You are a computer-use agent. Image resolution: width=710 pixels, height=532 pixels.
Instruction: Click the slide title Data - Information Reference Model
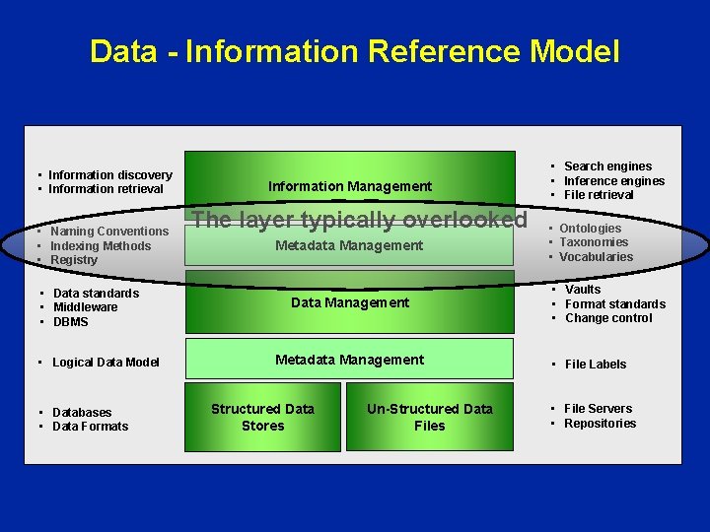pos(355,51)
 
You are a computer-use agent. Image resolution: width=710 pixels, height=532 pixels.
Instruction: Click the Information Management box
pos(350,186)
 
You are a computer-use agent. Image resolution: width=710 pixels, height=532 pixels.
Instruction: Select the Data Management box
pos(350,302)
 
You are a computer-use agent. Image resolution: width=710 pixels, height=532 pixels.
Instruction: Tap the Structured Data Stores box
pos(262,418)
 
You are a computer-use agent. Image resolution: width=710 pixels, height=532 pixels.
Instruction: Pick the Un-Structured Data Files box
pos(430,418)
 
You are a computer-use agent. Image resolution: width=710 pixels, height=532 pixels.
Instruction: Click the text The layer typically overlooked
pos(361,220)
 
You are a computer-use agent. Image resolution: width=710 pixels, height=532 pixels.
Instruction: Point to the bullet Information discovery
pos(109,175)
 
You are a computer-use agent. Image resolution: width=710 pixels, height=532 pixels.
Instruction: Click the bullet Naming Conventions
pos(109,232)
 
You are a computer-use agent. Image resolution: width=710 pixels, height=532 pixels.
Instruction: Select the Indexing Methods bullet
pos(101,246)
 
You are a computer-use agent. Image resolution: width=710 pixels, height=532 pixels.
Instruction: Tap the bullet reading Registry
pos(74,260)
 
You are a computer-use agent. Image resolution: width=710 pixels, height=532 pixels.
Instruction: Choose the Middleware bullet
pos(85,307)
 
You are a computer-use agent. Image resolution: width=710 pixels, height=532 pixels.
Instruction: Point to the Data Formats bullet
pos(90,427)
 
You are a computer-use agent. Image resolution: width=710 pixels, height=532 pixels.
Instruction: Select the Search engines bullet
pos(607,166)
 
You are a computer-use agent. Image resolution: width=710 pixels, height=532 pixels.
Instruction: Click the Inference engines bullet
pos(613,181)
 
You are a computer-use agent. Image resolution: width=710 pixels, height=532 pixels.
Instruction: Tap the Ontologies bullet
pos(590,229)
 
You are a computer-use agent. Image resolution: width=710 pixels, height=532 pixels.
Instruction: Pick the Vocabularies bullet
pos(596,257)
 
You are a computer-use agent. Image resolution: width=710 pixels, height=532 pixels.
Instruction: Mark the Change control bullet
pos(608,318)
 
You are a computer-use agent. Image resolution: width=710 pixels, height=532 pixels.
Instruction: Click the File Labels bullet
pos(596,365)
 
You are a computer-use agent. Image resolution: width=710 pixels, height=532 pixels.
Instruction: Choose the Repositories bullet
pos(600,424)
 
